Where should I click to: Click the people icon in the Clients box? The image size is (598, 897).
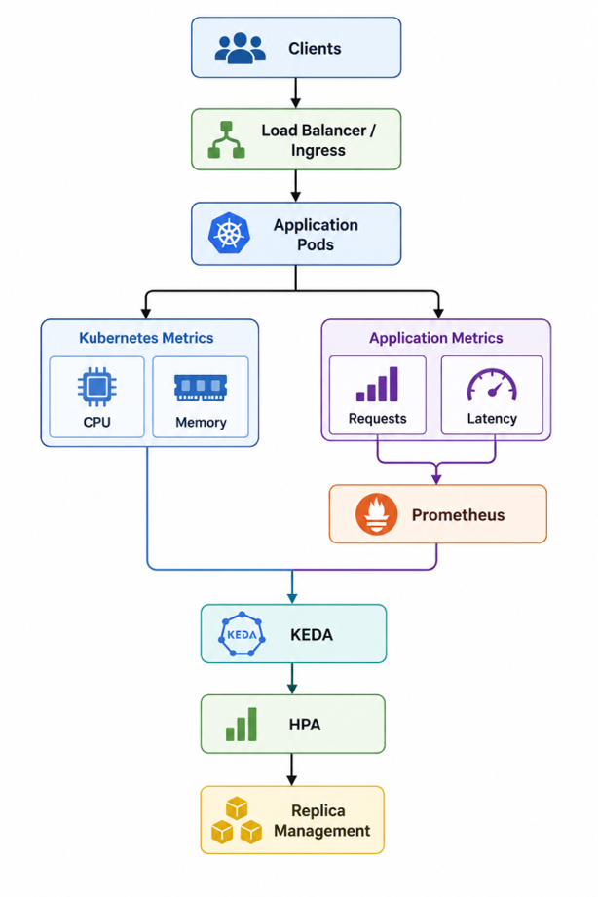click(x=241, y=48)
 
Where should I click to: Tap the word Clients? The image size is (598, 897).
click(x=315, y=48)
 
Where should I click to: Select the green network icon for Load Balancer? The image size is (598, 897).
click(x=226, y=139)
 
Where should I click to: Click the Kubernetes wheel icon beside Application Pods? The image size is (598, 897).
click(x=229, y=234)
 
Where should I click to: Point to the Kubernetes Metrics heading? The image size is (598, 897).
click(x=146, y=338)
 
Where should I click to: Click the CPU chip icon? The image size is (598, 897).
click(x=96, y=387)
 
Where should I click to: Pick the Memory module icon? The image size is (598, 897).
click(x=201, y=388)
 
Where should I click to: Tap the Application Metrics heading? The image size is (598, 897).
click(x=436, y=338)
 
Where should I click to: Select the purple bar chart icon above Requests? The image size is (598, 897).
click(x=377, y=384)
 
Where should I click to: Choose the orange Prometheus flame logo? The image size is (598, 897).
click(x=376, y=513)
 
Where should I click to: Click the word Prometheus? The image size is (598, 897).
click(x=459, y=515)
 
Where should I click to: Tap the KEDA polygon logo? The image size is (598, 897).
click(x=243, y=634)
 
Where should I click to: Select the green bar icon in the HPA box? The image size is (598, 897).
click(x=242, y=725)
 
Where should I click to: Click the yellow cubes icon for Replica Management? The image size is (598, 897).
click(x=237, y=820)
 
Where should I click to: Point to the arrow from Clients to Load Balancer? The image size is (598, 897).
click(x=296, y=93)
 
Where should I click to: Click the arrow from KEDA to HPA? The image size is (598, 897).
click(x=292, y=679)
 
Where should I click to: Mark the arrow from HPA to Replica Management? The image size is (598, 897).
click(x=292, y=769)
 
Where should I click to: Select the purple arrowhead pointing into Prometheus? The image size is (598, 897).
click(x=436, y=478)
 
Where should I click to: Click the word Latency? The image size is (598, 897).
click(x=492, y=419)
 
